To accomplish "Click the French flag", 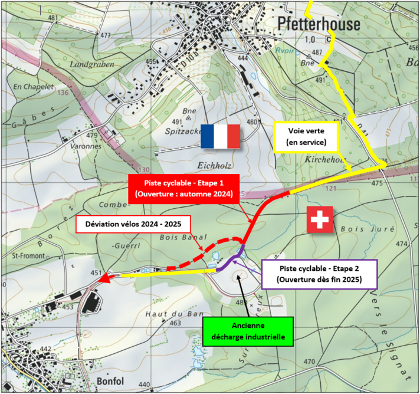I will point(221,136).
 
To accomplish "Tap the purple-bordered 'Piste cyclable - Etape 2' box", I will point(318,272).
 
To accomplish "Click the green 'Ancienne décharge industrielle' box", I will point(248,332).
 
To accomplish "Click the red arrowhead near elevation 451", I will point(106,278).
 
